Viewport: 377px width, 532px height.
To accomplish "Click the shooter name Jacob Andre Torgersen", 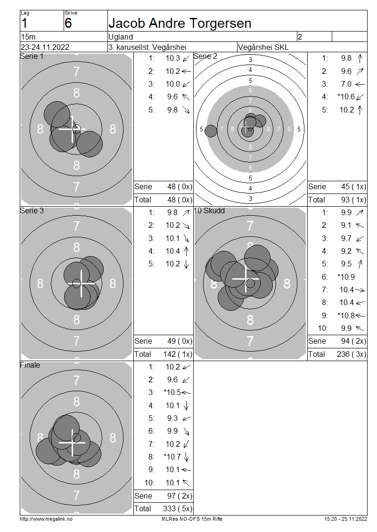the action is tap(180, 24).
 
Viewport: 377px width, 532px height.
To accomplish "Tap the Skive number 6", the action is tap(68, 23).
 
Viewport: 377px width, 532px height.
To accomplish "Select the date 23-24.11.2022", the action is tap(45, 47).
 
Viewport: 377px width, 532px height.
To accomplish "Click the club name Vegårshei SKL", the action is tap(263, 47).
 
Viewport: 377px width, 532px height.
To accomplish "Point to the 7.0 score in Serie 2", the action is tap(346, 84).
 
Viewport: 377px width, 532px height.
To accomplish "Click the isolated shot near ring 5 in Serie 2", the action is tap(211, 131).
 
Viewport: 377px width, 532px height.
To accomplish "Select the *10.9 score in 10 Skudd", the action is tap(346, 277).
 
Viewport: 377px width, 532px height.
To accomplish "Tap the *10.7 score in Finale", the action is tap(172, 457).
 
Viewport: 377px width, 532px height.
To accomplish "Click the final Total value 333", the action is tap(169, 508).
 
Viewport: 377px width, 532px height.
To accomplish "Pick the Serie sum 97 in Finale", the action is tap(171, 496).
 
